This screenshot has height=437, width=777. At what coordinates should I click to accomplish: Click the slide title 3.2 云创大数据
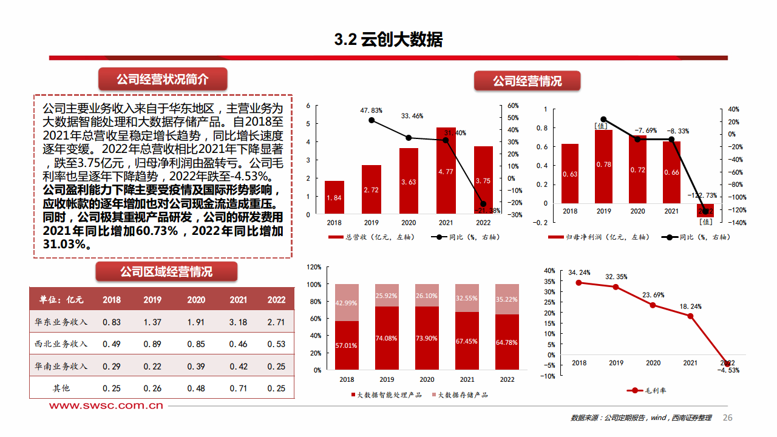tap(388, 39)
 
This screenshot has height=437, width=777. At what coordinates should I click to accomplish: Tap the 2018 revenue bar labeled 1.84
tap(334, 198)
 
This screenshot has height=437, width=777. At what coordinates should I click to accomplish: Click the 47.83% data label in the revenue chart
tap(371, 110)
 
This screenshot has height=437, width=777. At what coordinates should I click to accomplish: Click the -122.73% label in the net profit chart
tap(702, 195)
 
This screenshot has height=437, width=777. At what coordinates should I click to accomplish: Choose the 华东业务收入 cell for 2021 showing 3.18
tap(239, 322)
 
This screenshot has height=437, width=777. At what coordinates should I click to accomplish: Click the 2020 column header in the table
tap(196, 300)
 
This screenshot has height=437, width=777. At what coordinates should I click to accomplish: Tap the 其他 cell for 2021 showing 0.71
tap(239, 388)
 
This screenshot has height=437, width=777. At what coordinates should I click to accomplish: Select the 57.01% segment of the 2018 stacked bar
tap(347, 345)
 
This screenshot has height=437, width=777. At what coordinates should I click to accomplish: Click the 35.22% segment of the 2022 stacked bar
tap(507, 299)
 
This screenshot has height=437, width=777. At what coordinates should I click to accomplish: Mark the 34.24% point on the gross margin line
tap(579, 283)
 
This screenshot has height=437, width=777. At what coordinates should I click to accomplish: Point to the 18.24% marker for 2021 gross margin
tap(690, 316)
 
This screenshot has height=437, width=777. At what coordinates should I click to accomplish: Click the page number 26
tap(728, 418)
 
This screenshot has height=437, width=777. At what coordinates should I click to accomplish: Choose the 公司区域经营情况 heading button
tap(166, 271)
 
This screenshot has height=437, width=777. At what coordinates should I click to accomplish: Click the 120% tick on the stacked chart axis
tap(313, 266)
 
